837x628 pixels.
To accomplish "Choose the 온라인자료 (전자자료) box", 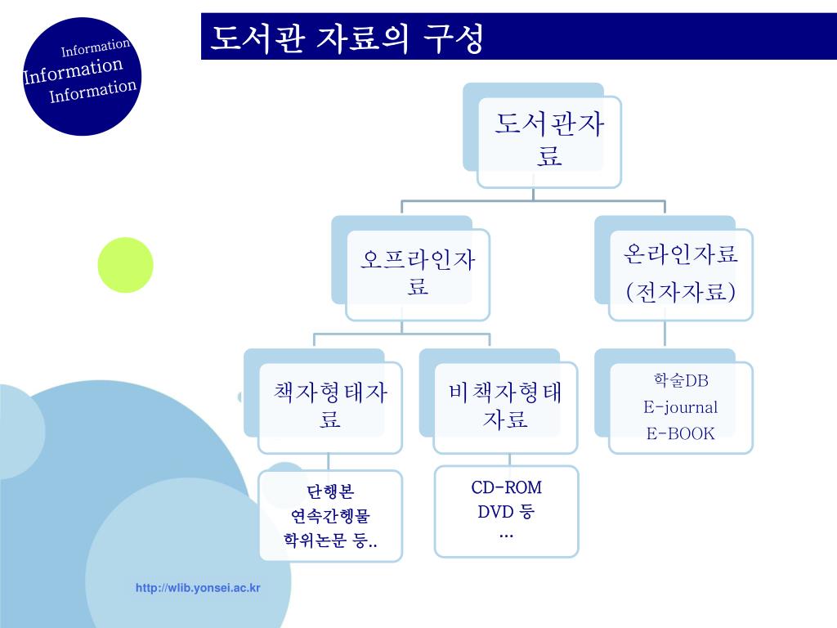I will tap(681, 273).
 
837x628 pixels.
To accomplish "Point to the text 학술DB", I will tap(681, 380).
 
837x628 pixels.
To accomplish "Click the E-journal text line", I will tap(681, 407).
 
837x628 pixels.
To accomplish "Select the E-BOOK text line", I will tap(681, 433).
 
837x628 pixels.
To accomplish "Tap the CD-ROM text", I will tap(507, 488).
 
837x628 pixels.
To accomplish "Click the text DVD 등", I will tap(506, 513).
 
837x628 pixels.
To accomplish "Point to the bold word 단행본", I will tap(330, 492).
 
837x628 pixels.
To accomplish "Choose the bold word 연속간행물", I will tap(330, 517).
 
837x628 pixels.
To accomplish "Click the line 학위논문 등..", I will tap(330, 541).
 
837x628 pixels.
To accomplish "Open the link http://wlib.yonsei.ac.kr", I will tap(199, 588).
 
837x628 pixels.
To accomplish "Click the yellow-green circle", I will tap(126, 265).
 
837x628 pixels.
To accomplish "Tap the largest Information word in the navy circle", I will tap(74, 70).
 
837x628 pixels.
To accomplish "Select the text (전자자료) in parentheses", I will tap(681, 292).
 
